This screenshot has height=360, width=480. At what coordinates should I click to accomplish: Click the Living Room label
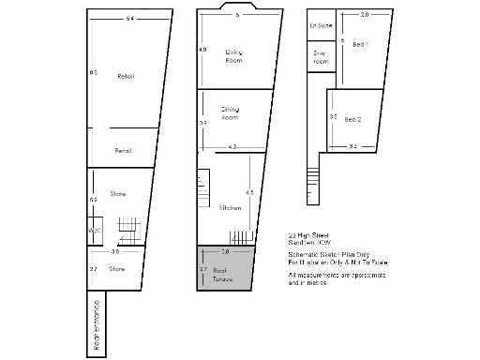234,55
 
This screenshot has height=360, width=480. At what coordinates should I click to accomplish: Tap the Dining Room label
230,113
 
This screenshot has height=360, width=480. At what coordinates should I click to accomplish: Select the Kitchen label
230,207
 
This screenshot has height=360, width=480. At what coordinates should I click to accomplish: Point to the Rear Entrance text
96,326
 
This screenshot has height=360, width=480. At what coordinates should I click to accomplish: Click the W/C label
94,230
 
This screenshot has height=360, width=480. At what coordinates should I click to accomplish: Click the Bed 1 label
361,43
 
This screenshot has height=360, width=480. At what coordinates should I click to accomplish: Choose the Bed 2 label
353,119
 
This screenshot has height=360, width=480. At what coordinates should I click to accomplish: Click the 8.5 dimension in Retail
93,72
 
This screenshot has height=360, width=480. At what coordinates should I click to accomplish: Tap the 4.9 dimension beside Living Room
202,49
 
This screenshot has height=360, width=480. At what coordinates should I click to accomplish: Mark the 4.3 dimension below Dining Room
232,146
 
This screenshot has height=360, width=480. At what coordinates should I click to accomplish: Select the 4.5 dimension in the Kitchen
248,192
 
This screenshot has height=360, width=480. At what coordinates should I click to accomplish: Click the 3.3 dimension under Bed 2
352,146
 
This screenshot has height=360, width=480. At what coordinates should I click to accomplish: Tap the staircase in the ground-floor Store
127,230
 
